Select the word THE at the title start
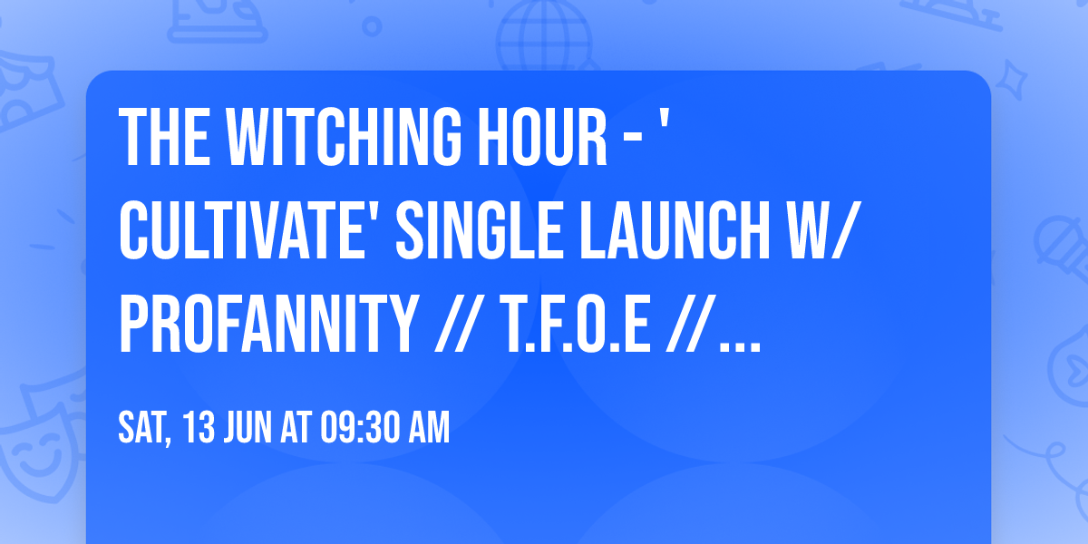pos(162,136)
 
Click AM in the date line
pos(430,429)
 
